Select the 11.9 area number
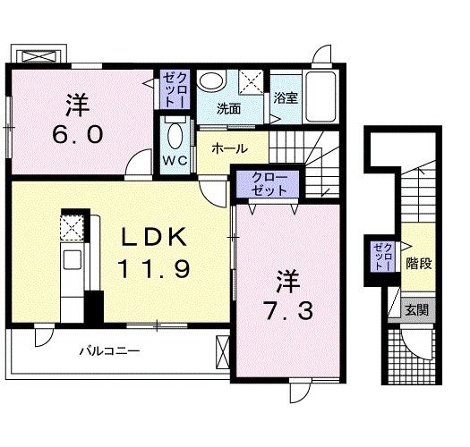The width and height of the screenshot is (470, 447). (153, 268)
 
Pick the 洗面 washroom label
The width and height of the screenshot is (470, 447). (229, 109)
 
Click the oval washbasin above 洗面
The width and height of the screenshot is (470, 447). (212, 81)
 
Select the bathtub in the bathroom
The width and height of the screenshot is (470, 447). (322, 95)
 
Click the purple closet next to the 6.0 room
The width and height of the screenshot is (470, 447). (172, 90)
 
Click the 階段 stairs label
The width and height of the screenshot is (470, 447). (418, 264)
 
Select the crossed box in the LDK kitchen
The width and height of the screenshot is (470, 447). (72, 229)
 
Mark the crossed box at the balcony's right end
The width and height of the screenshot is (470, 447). (222, 351)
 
